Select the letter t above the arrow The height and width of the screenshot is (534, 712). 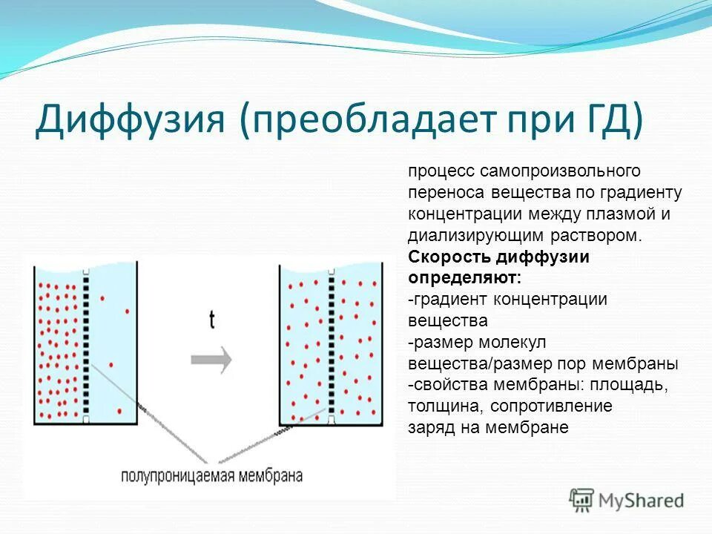(x=212, y=320)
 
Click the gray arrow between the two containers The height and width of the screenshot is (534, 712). (x=211, y=360)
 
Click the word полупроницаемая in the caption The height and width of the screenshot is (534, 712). (x=178, y=476)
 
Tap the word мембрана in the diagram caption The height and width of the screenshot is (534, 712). (x=270, y=476)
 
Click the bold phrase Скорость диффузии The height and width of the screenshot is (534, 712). (x=498, y=257)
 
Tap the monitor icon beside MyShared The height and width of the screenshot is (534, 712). (x=581, y=500)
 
